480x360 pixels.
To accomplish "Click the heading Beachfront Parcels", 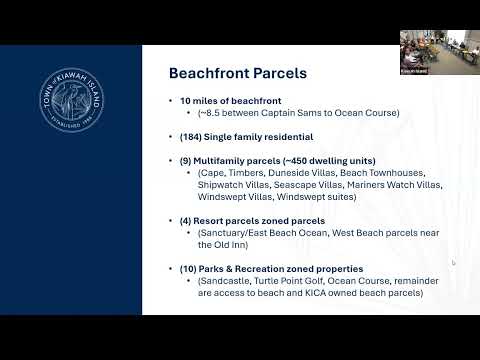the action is (x=238, y=73).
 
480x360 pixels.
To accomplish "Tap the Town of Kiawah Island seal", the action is (x=72, y=100).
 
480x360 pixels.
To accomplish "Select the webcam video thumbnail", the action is (x=440, y=52).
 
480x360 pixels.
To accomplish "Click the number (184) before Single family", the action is (x=190, y=137).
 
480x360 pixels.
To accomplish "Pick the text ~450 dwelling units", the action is (x=329, y=161).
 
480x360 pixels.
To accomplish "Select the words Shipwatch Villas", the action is (x=233, y=185).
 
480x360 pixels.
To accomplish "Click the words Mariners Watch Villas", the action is (x=394, y=185).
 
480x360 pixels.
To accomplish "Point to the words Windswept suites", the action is (x=315, y=197).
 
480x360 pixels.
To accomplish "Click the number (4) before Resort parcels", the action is (x=185, y=221).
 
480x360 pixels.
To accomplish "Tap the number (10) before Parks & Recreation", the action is (x=188, y=269).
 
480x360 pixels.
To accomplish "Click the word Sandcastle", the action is (x=225, y=281).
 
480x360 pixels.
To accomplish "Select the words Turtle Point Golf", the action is (x=288, y=281).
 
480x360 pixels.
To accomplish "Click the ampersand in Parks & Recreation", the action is (x=229, y=269).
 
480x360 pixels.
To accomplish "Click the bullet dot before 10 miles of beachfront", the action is (x=171, y=101).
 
